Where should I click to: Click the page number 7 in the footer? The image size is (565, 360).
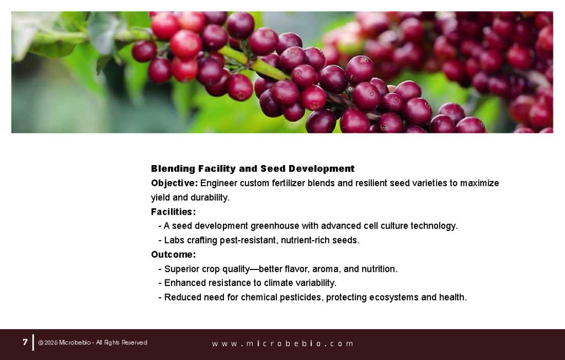pos(25,342)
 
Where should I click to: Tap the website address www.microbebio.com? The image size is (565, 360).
pos(282,343)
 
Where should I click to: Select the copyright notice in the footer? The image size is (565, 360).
pos(93,343)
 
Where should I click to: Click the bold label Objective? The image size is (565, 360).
pos(174,183)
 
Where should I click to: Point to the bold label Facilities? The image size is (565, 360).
pos(173,211)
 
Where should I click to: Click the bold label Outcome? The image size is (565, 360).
pos(173,255)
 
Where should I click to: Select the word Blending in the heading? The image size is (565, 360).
pos(173,168)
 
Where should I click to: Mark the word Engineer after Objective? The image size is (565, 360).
pos(219,183)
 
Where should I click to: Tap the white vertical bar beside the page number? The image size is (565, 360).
pos(33,342)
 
